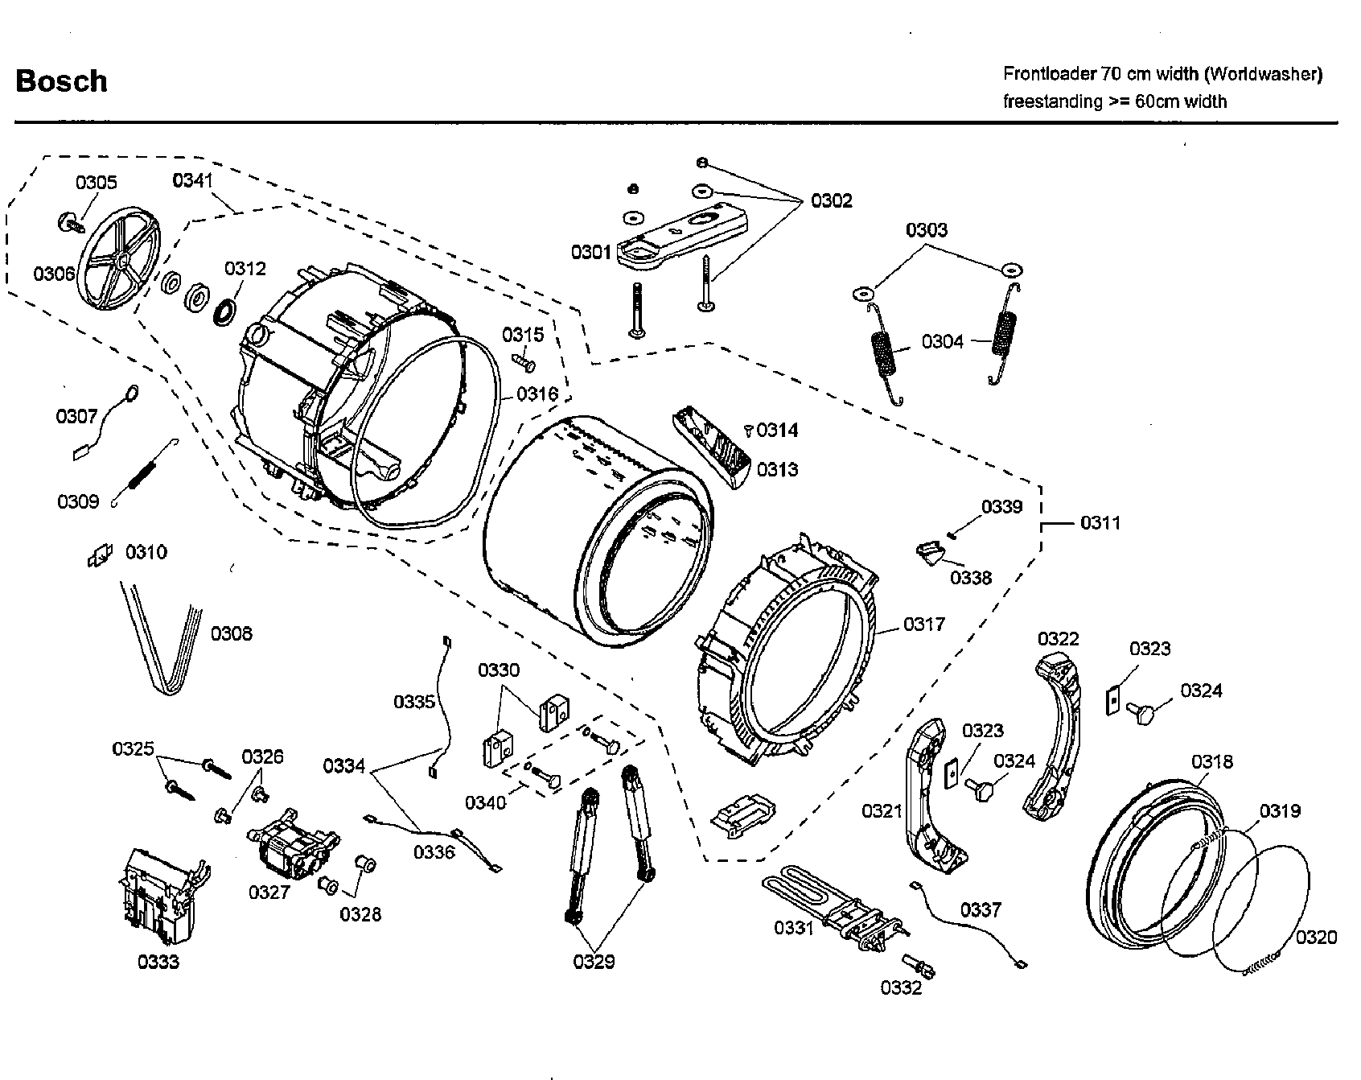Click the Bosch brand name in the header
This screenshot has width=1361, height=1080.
point(61,81)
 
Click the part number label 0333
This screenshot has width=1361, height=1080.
point(158,962)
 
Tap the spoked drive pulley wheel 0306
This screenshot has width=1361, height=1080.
point(121,261)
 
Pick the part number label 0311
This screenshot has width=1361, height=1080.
point(1100,523)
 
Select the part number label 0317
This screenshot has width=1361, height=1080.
point(924,624)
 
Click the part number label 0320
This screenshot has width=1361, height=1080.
point(1316,937)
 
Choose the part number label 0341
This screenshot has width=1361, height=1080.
point(193,180)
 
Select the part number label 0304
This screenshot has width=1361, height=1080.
point(942,342)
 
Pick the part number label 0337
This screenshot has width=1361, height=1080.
point(981,909)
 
